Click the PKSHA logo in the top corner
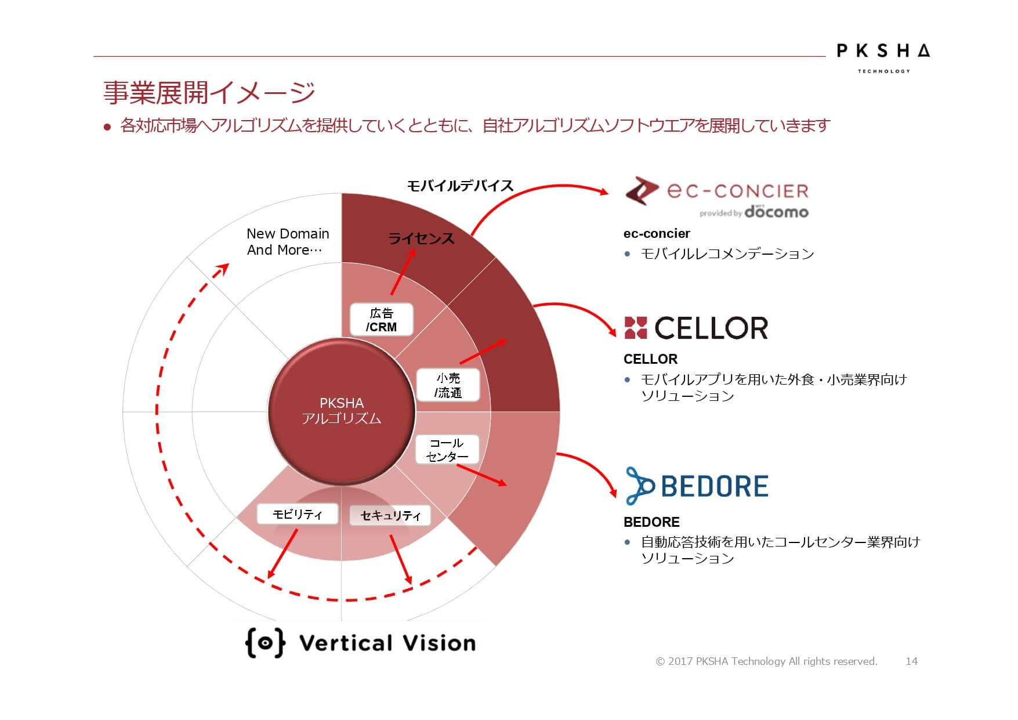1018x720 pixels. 883,57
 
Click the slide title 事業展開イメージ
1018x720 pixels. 209,92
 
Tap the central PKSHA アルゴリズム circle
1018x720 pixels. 342,411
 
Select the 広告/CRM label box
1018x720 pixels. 381,320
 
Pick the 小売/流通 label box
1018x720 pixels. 448,385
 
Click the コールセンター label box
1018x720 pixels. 447,450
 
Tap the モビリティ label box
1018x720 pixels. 298,514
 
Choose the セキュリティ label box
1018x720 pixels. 390,515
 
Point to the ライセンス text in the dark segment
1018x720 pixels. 421,238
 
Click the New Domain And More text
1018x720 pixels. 287,242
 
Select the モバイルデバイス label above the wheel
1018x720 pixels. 460,186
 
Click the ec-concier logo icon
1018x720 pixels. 642,190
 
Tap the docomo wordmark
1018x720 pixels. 776,211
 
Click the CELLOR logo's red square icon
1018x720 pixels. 635,328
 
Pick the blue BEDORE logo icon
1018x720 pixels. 640,486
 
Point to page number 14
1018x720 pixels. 911,661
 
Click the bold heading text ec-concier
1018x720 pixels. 657,234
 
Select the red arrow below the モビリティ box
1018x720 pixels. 282,553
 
